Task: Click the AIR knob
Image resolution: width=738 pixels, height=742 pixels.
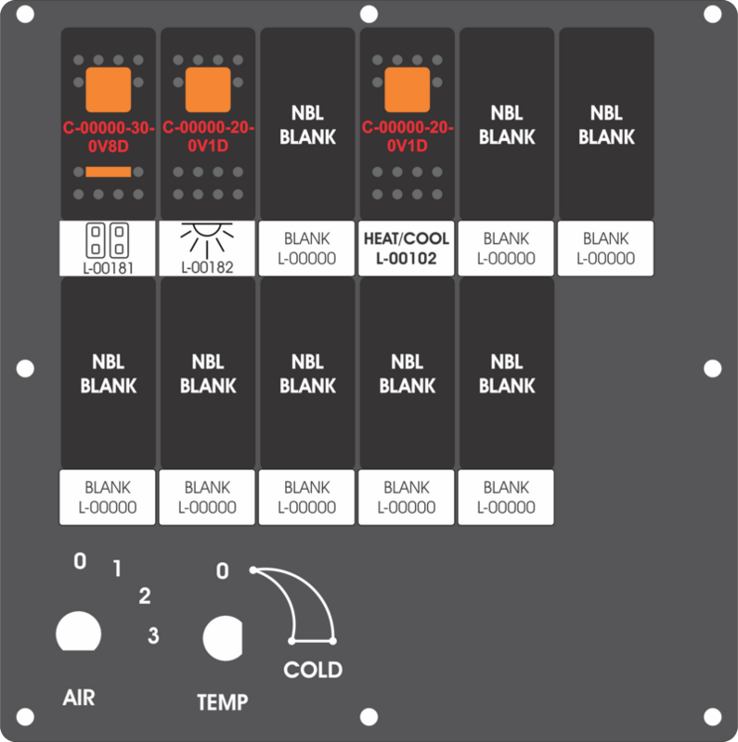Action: tap(79, 632)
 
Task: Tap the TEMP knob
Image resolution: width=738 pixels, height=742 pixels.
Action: tap(223, 638)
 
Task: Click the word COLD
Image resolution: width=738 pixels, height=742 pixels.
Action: tap(313, 670)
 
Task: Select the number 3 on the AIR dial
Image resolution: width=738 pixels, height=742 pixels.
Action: tap(153, 635)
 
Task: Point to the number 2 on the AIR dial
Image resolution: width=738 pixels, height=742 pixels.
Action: tap(145, 595)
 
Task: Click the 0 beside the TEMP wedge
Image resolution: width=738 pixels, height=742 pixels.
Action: tap(223, 571)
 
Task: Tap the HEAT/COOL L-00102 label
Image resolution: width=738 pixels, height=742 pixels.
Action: tap(407, 248)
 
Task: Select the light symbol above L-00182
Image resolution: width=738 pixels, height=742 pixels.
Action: tap(207, 240)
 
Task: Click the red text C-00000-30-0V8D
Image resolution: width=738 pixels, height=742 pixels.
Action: tap(109, 136)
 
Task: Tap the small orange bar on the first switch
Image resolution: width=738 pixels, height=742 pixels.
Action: tap(108, 172)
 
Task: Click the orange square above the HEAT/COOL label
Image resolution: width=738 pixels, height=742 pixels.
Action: tap(407, 89)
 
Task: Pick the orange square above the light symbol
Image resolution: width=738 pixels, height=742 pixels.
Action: tap(208, 89)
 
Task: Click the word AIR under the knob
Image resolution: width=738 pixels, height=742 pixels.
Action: tap(79, 697)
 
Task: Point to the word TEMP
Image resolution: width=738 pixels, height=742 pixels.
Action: tap(223, 702)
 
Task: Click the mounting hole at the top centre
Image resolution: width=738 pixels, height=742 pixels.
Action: tap(369, 14)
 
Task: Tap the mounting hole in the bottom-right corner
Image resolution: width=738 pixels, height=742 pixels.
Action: tap(712, 716)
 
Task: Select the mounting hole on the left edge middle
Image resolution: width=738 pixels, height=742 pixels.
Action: tap(25, 368)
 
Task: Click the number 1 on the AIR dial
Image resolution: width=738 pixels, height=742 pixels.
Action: tap(117, 569)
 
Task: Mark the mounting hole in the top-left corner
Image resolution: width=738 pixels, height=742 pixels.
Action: tap(25, 14)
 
